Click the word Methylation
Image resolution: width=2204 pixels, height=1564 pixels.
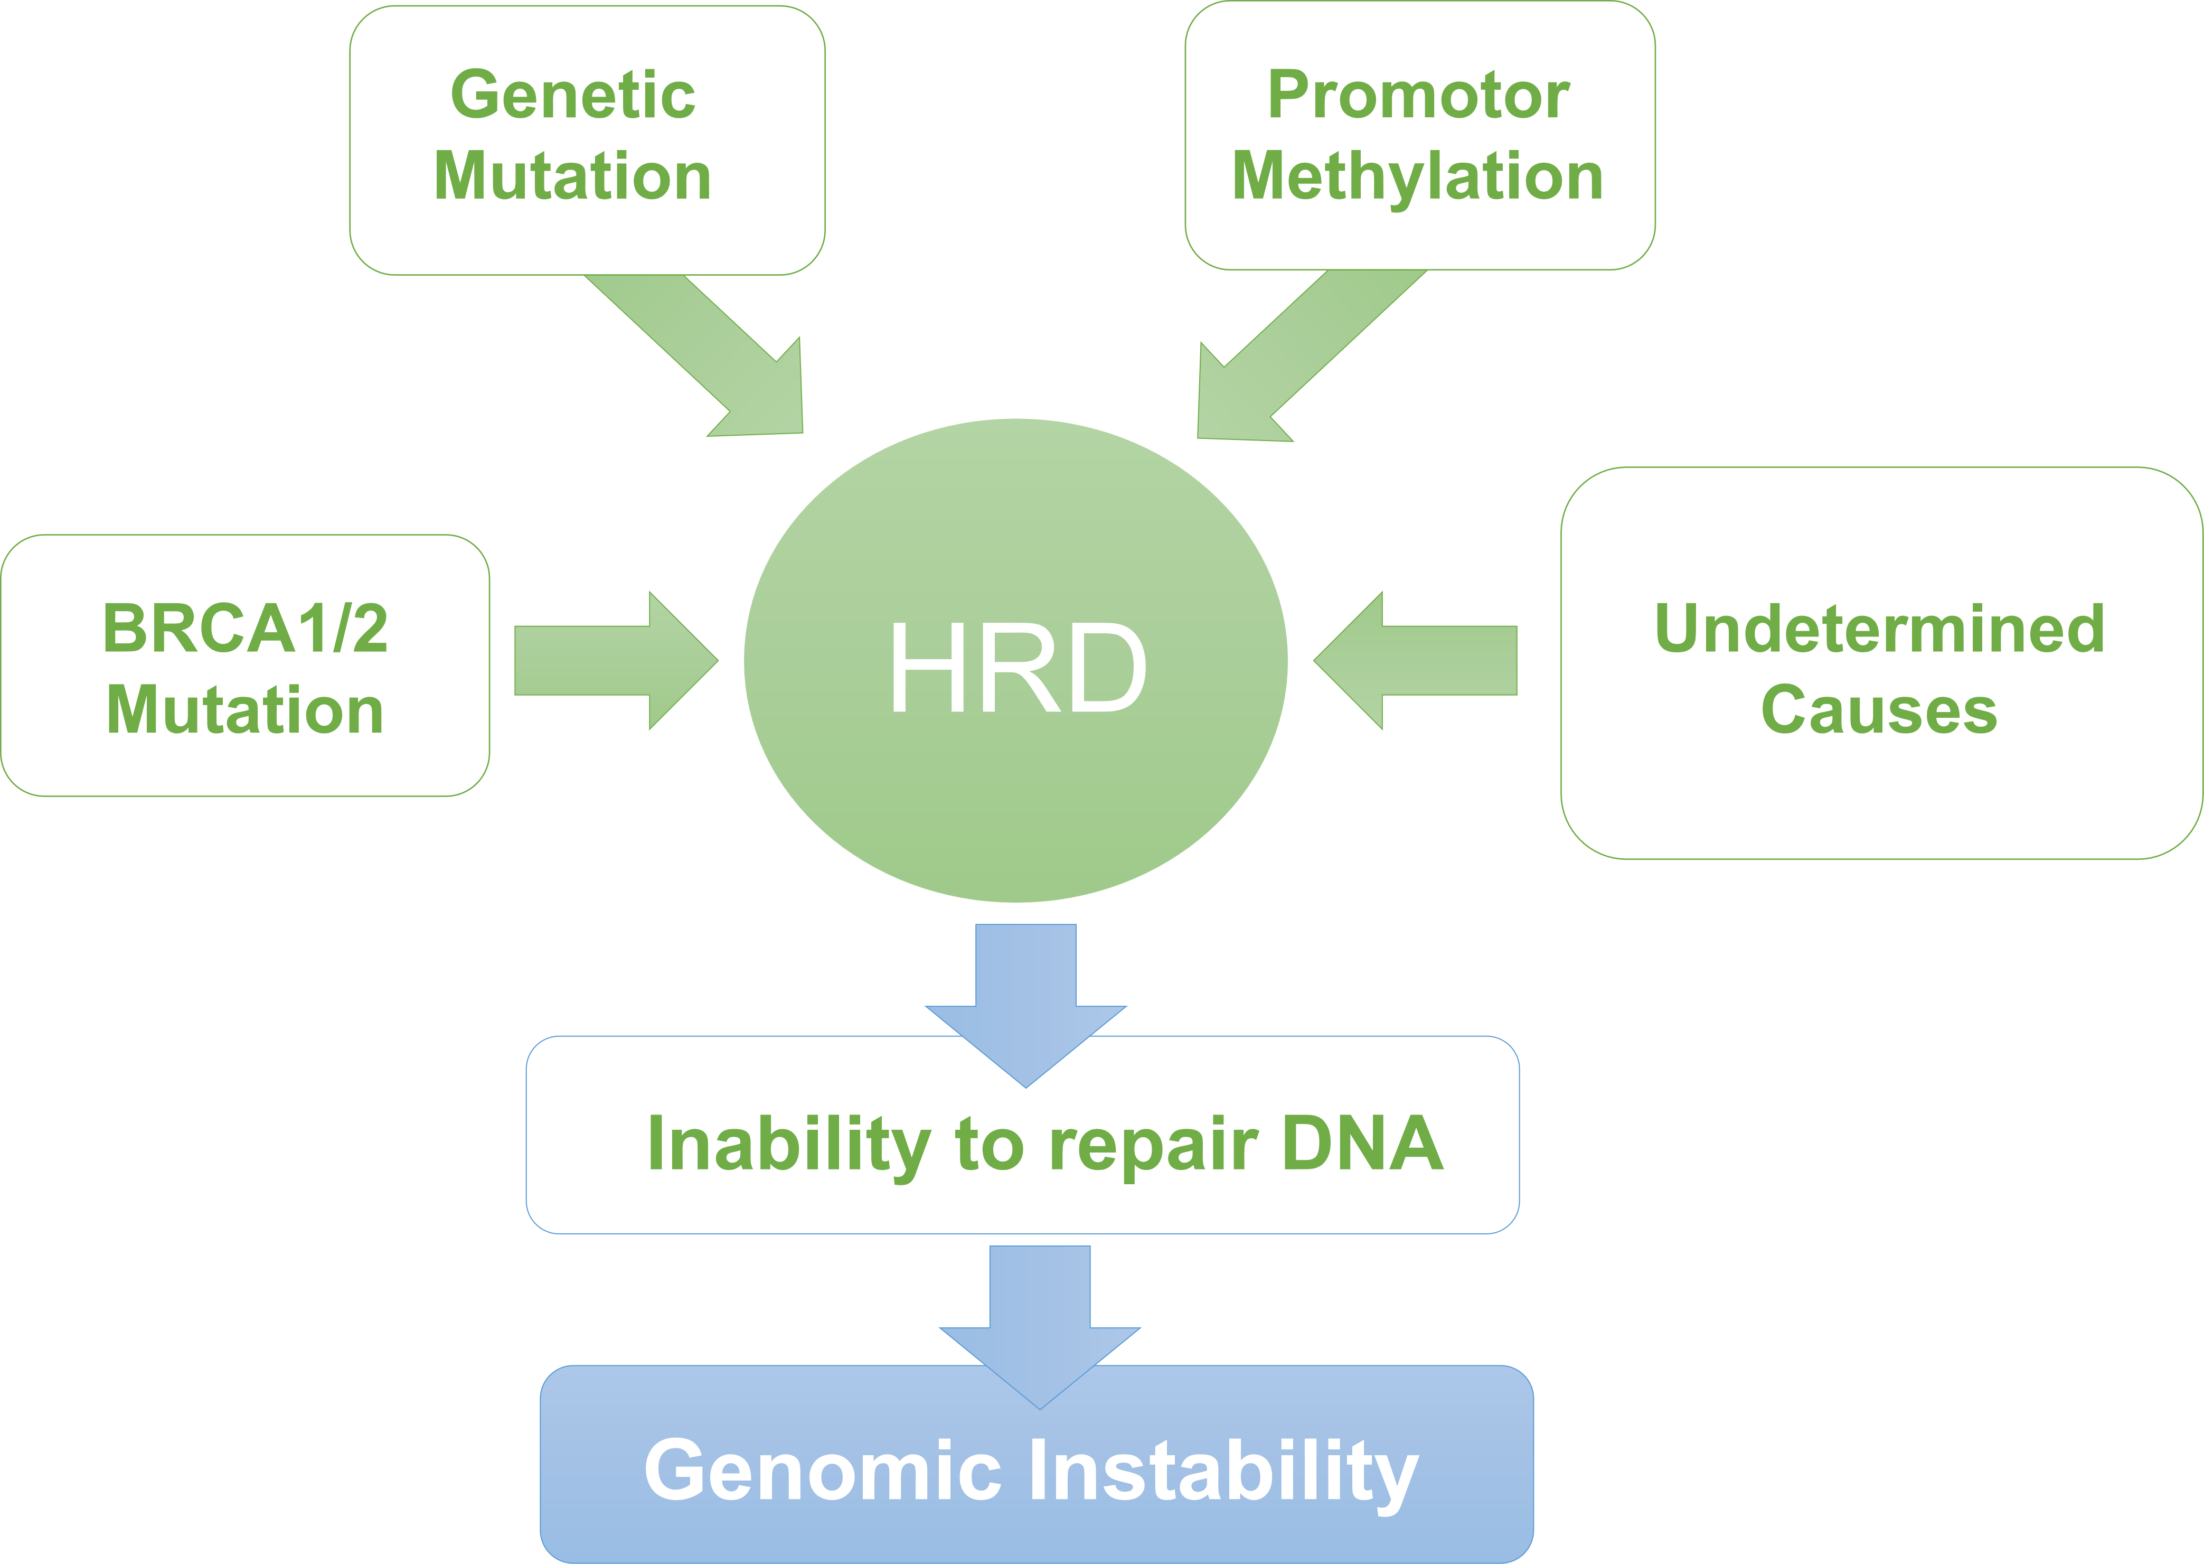pos(1417,177)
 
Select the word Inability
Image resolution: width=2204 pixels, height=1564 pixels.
pos(788,1144)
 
